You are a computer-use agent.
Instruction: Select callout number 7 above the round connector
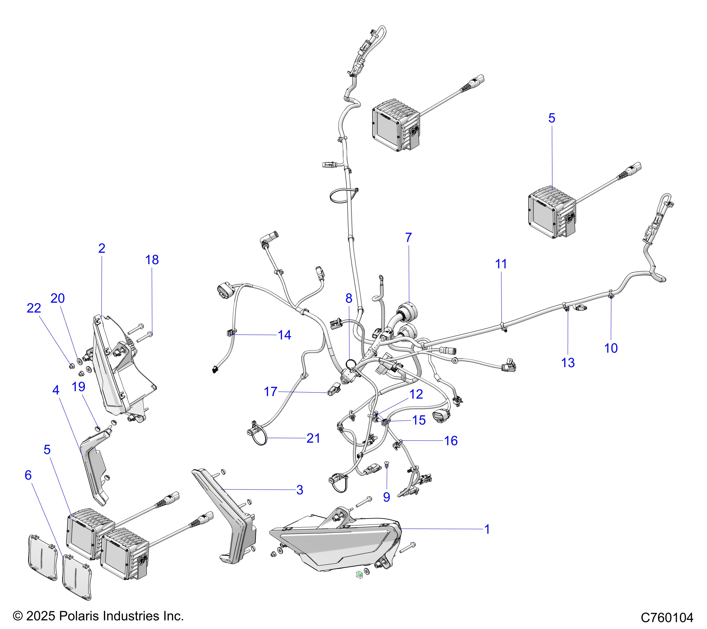(x=408, y=237)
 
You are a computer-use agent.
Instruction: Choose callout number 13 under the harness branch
(x=568, y=363)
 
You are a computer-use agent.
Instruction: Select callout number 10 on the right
(x=611, y=348)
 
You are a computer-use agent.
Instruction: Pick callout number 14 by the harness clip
(x=284, y=335)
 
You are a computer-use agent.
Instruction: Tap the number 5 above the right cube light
(x=552, y=118)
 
